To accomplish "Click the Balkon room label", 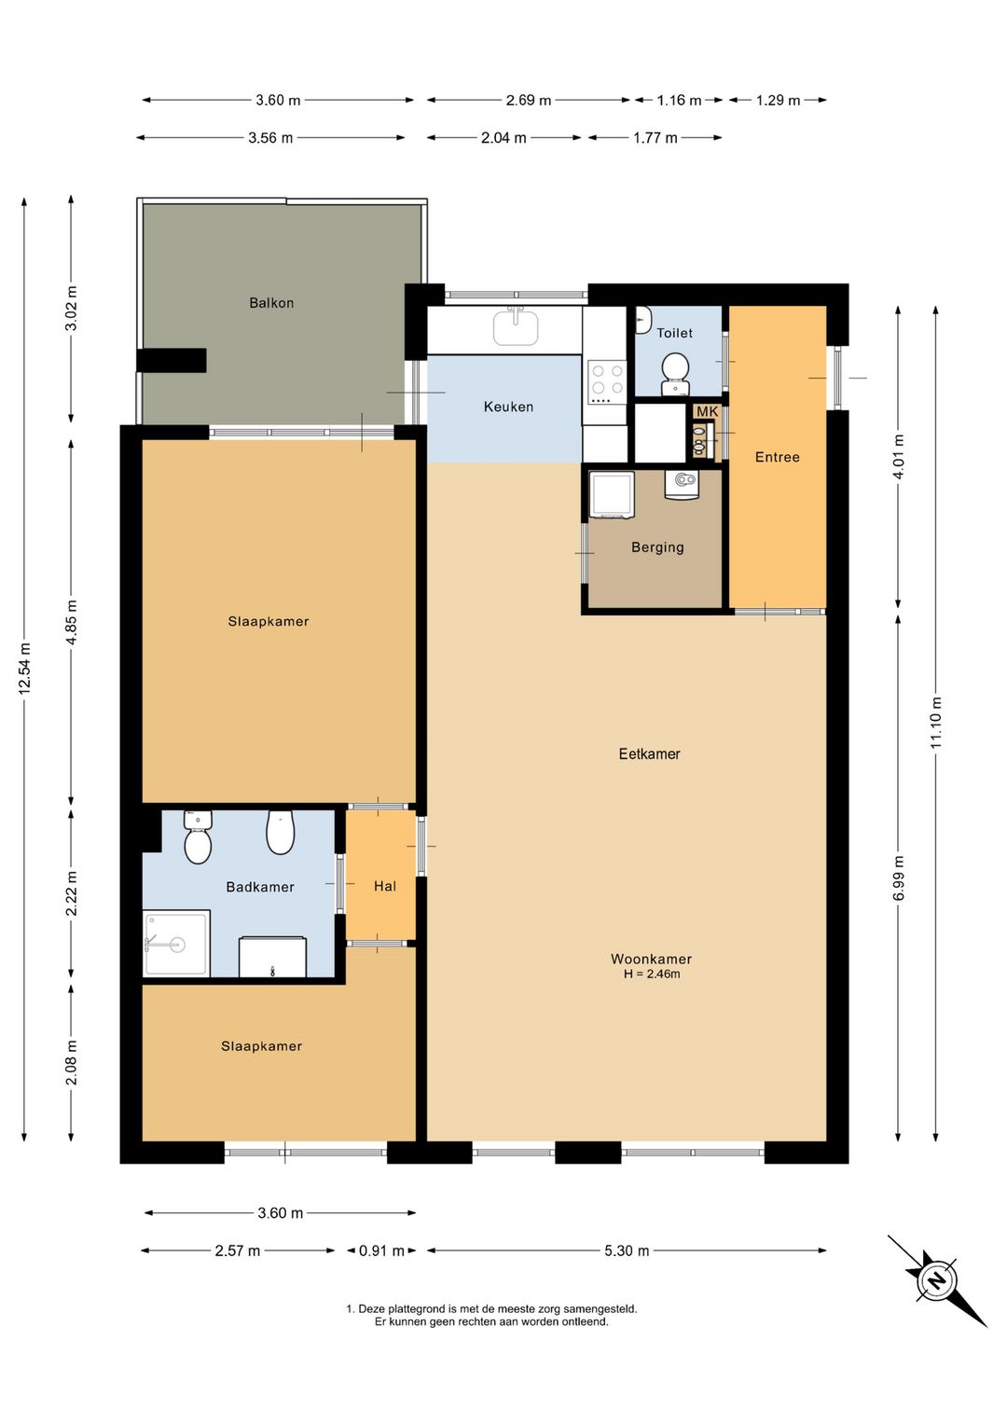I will pyautogui.click(x=271, y=303).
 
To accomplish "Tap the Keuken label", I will pyautogui.click(x=508, y=407).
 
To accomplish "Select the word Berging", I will pyautogui.click(x=657, y=547).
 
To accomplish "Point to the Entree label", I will pyautogui.click(x=777, y=457).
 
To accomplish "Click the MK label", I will pyautogui.click(x=707, y=411).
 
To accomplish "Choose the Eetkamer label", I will pyautogui.click(x=649, y=753).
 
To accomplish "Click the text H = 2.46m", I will pyautogui.click(x=652, y=974).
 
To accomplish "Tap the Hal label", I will pyautogui.click(x=385, y=886).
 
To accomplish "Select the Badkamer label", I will pyautogui.click(x=260, y=887).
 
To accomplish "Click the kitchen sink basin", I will pyautogui.click(x=516, y=327).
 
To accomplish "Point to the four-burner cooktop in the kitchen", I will pyautogui.click(x=607, y=381).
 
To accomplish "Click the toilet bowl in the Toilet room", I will pyautogui.click(x=675, y=372).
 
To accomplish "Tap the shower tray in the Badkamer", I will pyautogui.click(x=176, y=944).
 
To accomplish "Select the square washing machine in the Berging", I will pyautogui.click(x=612, y=494).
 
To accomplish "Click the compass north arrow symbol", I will pyautogui.click(x=937, y=1279).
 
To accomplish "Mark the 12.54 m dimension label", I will pyautogui.click(x=25, y=668).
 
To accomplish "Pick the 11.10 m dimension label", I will pyautogui.click(x=936, y=723).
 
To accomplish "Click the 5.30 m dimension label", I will pyautogui.click(x=627, y=1250).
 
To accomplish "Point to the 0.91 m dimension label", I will pyautogui.click(x=381, y=1250).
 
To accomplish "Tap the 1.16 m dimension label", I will pyautogui.click(x=679, y=100).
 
